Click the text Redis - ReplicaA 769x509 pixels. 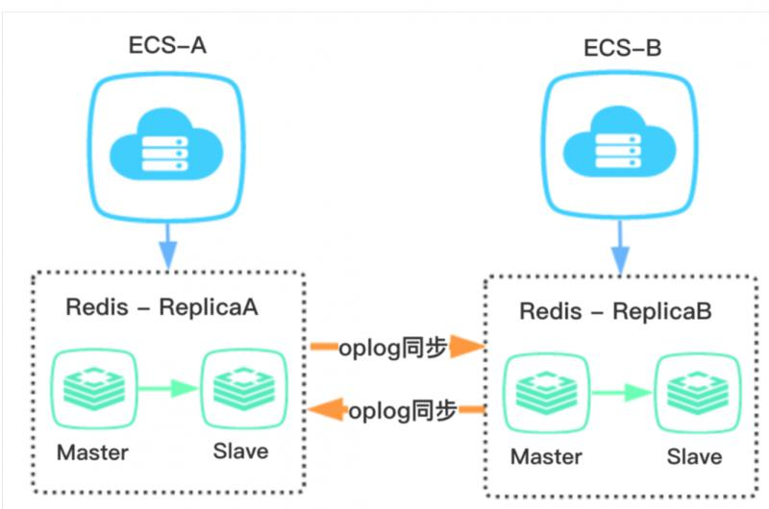(161, 309)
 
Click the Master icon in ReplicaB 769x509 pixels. (544, 393)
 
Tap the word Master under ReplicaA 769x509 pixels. (92, 450)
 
